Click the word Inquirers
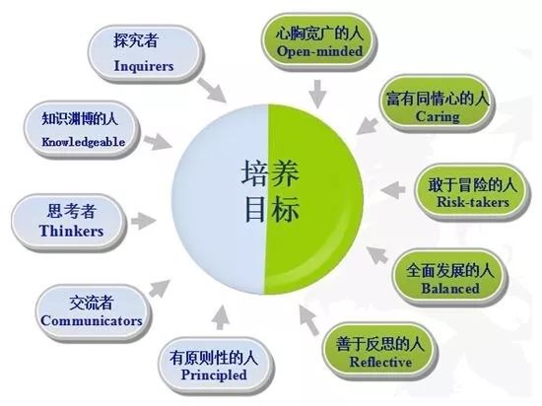(x=144, y=66)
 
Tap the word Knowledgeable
(x=84, y=142)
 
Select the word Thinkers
(x=71, y=231)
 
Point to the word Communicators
(x=92, y=320)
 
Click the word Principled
(x=214, y=374)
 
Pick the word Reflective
(x=380, y=362)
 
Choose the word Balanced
(x=450, y=288)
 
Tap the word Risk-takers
(x=473, y=202)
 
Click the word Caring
(x=438, y=116)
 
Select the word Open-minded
(x=319, y=51)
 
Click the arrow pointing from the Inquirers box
(x=212, y=90)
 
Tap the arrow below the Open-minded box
(x=317, y=94)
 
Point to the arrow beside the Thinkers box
(x=143, y=222)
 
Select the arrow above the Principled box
(x=220, y=317)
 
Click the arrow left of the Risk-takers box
(x=392, y=190)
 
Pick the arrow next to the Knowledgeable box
(x=158, y=141)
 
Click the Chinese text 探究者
(x=136, y=40)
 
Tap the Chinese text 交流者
(x=92, y=303)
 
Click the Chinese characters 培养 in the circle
(x=270, y=173)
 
